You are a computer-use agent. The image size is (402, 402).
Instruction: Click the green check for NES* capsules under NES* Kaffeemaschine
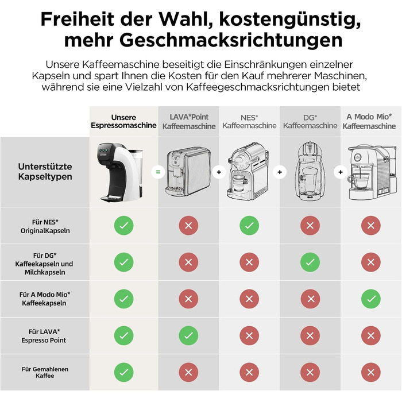click(249, 226)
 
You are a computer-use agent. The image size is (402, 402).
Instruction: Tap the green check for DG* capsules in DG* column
click(310, 262)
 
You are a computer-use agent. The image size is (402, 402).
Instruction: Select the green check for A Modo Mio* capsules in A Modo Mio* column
click(371, 299)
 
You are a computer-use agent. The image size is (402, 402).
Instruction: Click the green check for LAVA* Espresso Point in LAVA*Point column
click(188, 335)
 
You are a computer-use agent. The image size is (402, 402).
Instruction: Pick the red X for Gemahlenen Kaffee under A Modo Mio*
click(371, 372)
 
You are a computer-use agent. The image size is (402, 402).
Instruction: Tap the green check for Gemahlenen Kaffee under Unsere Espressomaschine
click(124, 372)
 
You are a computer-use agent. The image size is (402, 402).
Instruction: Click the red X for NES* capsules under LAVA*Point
click(188, 226)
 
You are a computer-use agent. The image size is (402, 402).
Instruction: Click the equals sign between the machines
click(158, 172)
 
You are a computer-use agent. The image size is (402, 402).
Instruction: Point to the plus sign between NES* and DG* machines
click(280, 172)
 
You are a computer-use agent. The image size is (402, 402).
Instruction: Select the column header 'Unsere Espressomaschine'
click(123, 121)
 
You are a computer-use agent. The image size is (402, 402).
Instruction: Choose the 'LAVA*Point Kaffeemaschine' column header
click(189, 122)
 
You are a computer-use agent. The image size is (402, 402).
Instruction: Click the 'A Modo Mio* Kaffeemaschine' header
click(369, 121)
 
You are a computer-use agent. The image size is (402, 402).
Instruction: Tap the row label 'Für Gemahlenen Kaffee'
click(45, 373)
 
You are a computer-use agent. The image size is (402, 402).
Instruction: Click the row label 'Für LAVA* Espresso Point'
click(44, 336)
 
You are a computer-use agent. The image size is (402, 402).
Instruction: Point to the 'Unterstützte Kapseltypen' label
click(45, 172)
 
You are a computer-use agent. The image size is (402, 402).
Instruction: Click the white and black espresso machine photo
click(119, 172)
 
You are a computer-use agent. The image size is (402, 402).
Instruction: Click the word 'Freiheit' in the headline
click(77, 19)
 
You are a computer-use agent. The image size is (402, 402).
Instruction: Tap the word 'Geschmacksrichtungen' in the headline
click(231, 40)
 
